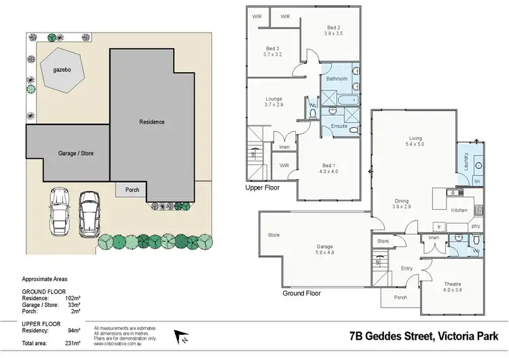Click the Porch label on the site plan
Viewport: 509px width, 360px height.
click(132, 190)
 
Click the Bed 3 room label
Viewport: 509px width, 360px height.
click(274, 50)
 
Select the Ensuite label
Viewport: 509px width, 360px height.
click(339, 126)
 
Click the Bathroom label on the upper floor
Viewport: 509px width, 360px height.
click(337, 79)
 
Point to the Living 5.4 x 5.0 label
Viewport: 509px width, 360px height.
click(415, 140)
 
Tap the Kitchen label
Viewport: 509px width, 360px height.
click(459, 211)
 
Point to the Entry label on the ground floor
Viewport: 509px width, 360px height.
click(407, 269)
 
